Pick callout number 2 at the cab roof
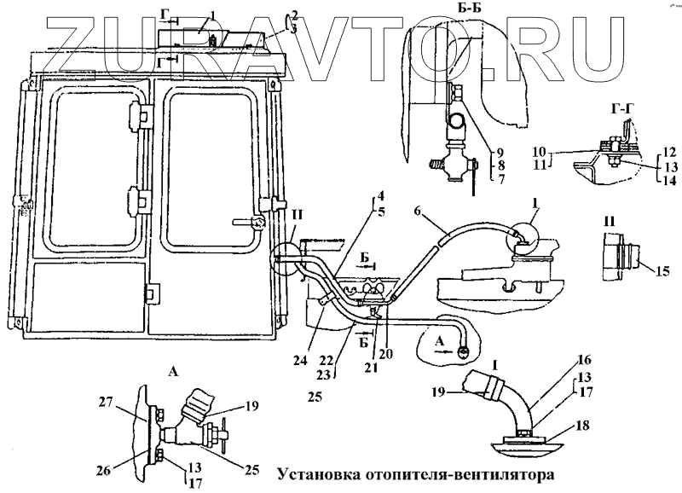pyautogui.click(x=294, y=15)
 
